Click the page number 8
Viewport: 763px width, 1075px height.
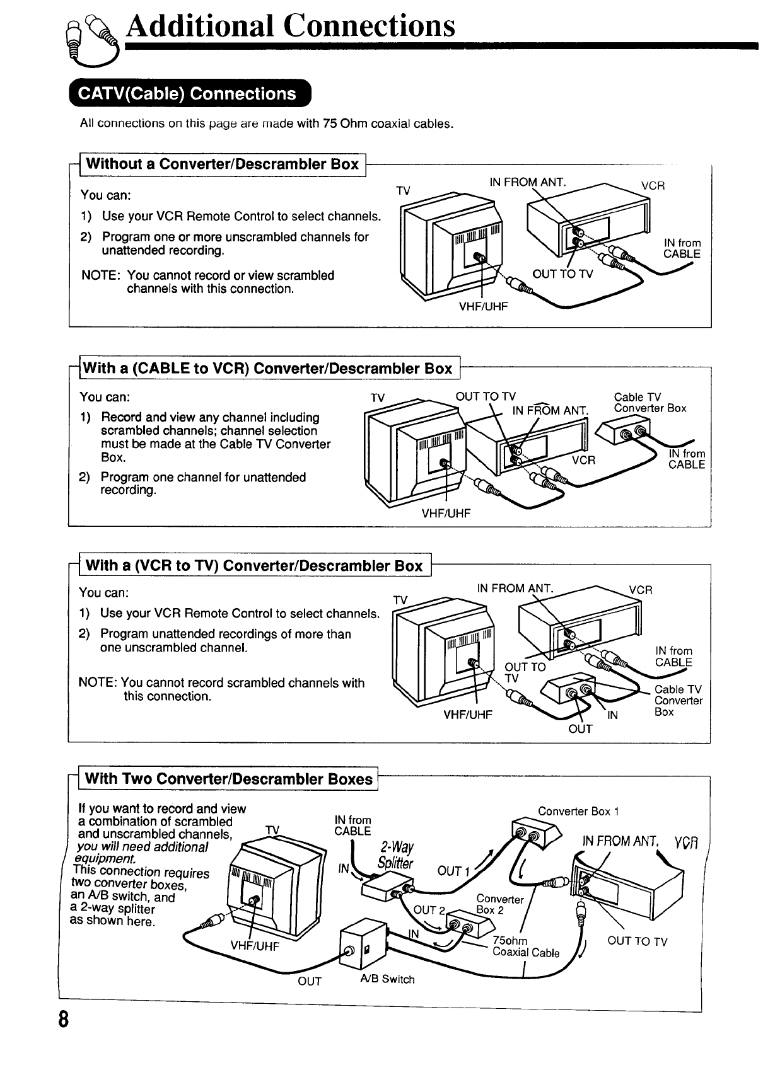coord(63,1037)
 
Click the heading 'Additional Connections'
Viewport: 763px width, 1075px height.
coord(289,26)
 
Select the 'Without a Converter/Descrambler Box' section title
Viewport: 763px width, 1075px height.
coord(222,164)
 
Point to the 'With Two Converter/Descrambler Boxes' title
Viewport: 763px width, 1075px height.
coord(228,779)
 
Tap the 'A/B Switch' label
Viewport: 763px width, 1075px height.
coord(387,979)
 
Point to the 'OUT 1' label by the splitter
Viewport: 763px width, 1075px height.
coord(453,871)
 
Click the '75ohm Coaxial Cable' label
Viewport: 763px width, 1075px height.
coord(525,947)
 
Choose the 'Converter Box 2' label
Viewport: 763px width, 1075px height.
coord(499,904)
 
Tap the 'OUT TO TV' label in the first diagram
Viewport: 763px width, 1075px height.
coord(562,273)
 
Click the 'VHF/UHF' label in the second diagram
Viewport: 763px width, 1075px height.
coord(446,513)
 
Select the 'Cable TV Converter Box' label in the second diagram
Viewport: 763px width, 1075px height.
coord(649,403)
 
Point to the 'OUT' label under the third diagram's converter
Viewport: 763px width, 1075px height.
coord(580,729)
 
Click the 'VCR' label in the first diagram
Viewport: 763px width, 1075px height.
coord(653,186)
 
